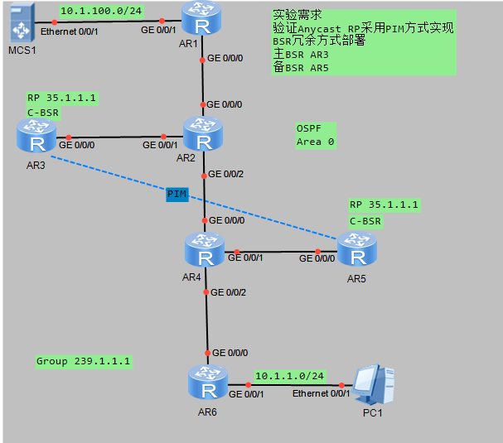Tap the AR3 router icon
[36, 137]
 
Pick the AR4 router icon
[203, 250]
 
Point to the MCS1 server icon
[20, 23]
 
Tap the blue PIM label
[177, 194]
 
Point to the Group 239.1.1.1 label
[84, 361]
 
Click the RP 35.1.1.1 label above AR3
[62, 98]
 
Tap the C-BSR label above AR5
[365, 221]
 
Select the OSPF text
[308, 128]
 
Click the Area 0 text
[315, 142]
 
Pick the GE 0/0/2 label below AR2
[227, 175]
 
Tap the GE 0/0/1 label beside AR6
[246, 394]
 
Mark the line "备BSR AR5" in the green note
[301, 68]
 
